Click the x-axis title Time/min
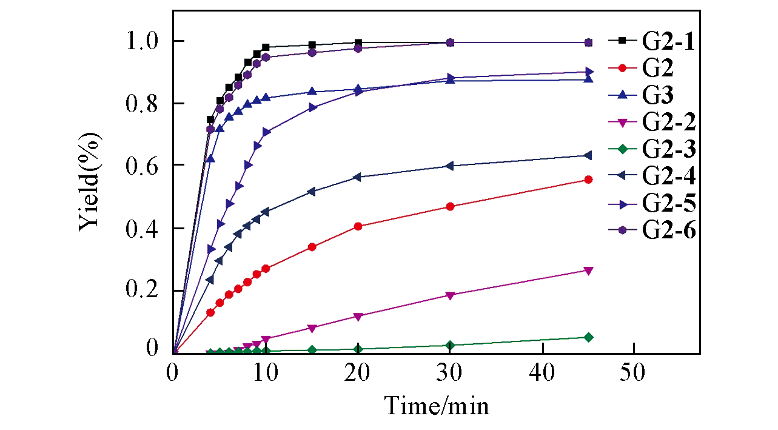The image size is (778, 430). [437, 405]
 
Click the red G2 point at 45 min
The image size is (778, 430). [588, 180]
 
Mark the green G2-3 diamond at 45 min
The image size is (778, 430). [588, 337]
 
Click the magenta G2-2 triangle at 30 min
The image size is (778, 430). [450, 296]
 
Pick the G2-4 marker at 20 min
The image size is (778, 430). [358, 177]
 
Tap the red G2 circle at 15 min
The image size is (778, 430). [312, 247]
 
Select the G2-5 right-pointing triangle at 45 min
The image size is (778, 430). [588, 72]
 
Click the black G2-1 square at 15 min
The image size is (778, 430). [312, 45]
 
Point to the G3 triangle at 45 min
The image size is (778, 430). [588, 79]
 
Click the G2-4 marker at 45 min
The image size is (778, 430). [588, 156]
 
